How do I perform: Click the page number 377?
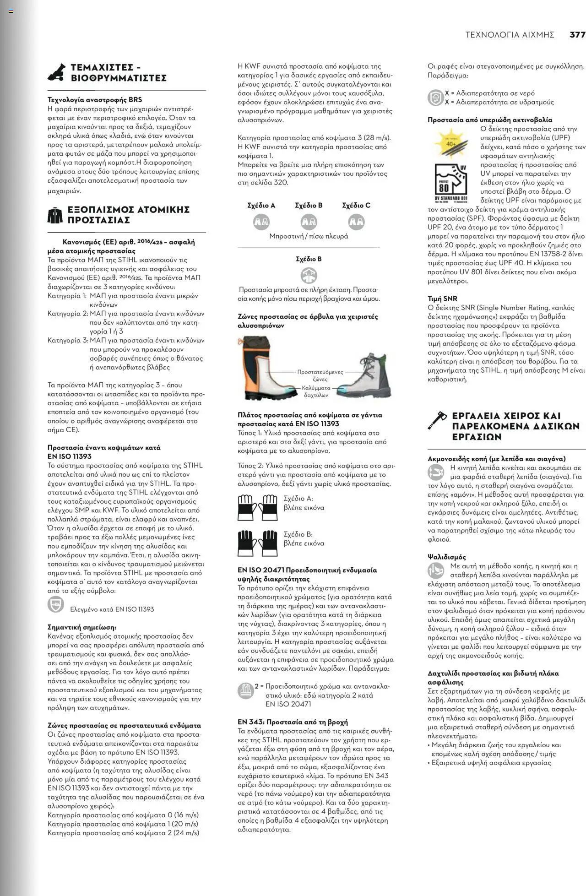(x=577, y=35)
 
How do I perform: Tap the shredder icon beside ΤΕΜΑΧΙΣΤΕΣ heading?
(x=57, y=72)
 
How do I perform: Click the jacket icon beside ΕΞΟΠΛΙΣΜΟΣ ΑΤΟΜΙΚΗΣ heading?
(x=55, y=215)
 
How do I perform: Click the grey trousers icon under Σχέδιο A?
(x=261, y=222)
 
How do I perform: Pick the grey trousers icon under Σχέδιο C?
(x=356, y=222)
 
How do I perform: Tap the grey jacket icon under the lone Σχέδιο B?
(x=309, y=275)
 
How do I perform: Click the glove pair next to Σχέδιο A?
(x=257, y=507)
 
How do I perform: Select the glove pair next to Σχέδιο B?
(x=257, y=543)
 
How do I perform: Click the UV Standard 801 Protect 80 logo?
(x=451, y=182)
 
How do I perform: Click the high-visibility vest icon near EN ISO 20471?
(x=246, y=690)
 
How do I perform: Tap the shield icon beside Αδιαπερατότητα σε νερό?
(x=435, y=98)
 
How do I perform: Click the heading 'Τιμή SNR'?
(x=442, y=299)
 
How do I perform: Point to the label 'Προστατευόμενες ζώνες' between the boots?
(x=320, y=375)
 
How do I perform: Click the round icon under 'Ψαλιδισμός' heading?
(x=435, y=570)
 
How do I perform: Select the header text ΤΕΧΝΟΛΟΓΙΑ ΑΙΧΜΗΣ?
(x=510, y=35)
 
